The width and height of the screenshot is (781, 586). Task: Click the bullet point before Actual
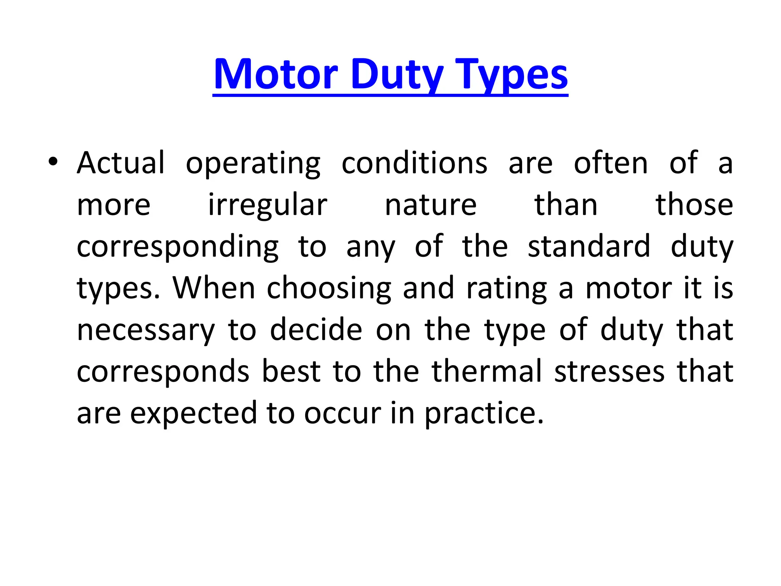point(53,162)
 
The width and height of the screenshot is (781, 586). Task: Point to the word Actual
point(121,163)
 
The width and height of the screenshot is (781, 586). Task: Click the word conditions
point(415,163)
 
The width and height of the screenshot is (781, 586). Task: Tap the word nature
point(431,205)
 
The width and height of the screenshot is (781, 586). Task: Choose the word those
point(694,205)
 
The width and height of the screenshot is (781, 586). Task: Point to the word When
point(214,288)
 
